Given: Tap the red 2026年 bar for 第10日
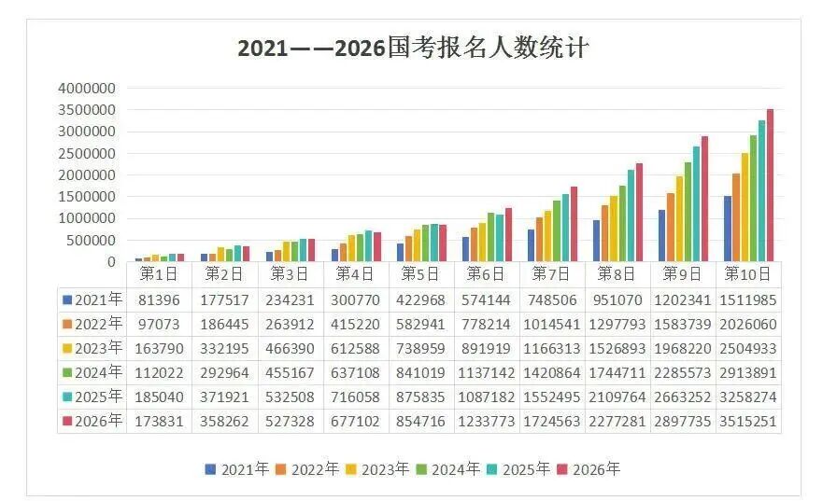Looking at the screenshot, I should click(770, 186).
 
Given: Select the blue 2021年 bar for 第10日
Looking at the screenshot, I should click(727, 229).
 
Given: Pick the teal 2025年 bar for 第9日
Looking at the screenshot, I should click(696, 203).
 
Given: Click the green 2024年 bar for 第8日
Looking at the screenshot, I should click(622, 223).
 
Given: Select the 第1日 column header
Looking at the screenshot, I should click(159, 274).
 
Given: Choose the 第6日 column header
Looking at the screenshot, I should click(486, 274).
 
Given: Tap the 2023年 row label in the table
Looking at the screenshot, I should click(92, 348).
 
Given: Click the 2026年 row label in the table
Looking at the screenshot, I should click(92, 421).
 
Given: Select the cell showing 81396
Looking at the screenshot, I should click(159, 299).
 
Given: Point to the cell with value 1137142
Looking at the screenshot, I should click(486, 372).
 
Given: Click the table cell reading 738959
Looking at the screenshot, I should click(420, 348).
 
